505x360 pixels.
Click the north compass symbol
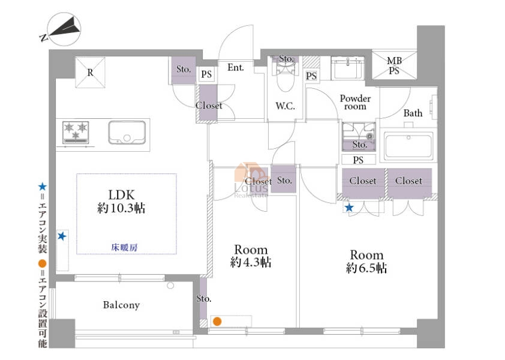tap(64, 29)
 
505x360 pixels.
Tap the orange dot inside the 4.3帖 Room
tap(217, 322)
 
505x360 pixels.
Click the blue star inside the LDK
tap(62, 236)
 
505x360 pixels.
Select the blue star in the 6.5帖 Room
tap(349, 208)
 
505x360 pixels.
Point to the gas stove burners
tap(76, 132)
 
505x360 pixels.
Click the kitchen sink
tap(127, 133)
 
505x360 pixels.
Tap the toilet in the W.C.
tap(285, 76)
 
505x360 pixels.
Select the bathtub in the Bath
tap(408, 146)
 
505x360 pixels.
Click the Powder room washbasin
tap(347, 68)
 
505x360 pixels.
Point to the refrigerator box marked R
tap(90, 73)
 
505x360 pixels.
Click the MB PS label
tap(394, 65)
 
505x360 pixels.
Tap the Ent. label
tap(236, 67)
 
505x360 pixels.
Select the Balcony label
tap(121, 305)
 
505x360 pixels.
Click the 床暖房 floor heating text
tap(124, 247)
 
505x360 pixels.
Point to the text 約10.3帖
tap(121, 208)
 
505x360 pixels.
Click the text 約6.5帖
tap(366, 268)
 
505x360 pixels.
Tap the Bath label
tap(413, 113)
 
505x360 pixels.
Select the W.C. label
tap(285, 106)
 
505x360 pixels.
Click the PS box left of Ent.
tap(206, 74)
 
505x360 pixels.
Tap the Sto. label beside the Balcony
tap(204, 298)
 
